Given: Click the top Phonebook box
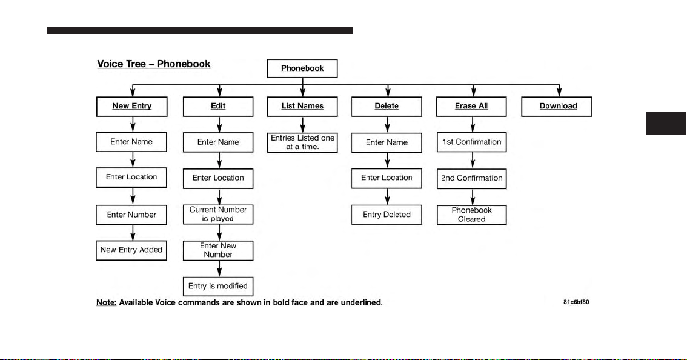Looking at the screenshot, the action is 302,68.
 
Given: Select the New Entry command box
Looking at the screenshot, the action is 132,107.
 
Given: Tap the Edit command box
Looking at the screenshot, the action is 218,107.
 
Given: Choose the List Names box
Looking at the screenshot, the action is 302,107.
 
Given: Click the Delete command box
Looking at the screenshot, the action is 387,107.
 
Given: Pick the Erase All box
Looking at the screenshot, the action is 471,107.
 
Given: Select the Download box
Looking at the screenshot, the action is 556,107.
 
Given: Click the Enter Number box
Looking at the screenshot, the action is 131,215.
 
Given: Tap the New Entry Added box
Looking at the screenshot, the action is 131,250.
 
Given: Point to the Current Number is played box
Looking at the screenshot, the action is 218,215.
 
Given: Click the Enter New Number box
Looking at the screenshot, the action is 218,250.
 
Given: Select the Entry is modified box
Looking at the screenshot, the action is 218,286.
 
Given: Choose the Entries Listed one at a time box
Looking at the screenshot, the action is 302,142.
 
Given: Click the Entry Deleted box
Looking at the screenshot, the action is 387,215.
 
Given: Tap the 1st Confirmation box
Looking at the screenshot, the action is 472,142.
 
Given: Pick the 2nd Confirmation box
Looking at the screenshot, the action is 472,179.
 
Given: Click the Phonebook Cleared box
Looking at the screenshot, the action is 472,215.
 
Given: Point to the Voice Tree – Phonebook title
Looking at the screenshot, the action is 154,64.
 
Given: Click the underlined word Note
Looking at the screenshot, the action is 107,302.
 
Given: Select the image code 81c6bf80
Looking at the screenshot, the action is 576,302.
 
